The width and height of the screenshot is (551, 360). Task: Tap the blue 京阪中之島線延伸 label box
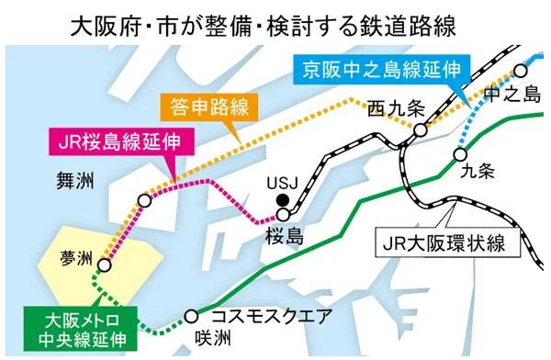point(379,69)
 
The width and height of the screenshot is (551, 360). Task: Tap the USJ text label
point(280,181)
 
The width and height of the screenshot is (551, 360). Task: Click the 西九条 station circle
point(420,130)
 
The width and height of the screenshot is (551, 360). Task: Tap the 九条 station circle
point(461,153)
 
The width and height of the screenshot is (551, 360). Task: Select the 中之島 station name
point(517,92)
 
